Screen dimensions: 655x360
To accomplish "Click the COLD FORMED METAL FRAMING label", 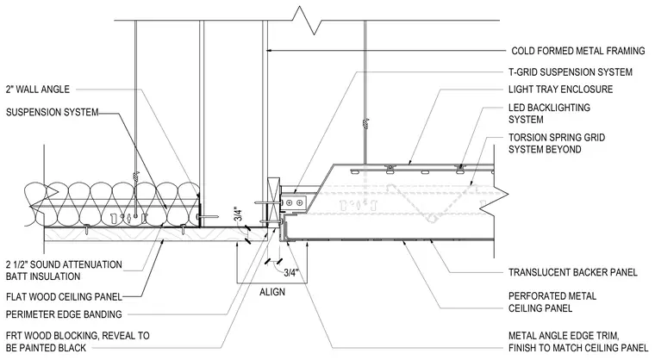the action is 578,51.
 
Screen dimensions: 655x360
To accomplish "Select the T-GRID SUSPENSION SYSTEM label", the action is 571,72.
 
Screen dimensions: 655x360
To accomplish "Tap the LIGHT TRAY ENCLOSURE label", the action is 560,90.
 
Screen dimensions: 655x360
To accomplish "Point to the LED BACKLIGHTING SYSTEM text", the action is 549,114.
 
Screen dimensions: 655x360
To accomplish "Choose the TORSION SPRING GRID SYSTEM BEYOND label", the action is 557,143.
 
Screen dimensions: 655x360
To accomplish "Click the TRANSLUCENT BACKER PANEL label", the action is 573,273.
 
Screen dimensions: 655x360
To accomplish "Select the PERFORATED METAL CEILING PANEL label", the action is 552,302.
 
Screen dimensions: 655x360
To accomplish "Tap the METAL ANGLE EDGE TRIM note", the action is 578,342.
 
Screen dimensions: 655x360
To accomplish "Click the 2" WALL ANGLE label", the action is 38,90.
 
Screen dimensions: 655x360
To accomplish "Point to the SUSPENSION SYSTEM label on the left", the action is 53,112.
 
